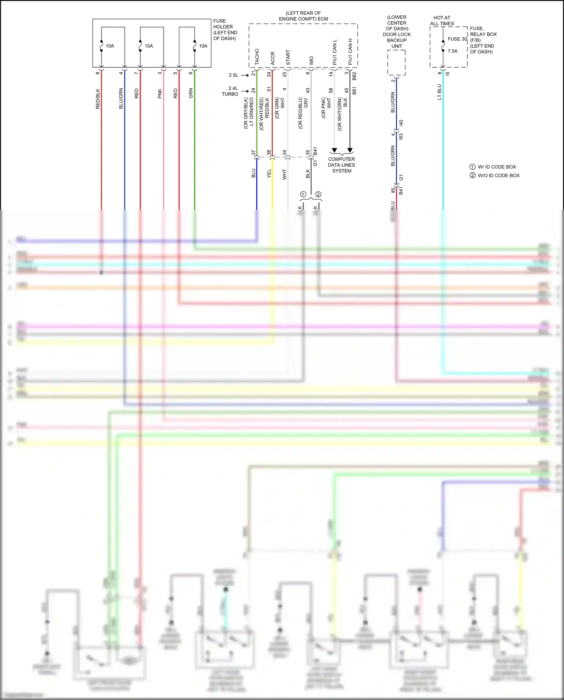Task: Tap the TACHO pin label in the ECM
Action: tap(257, 56)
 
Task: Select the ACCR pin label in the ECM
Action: tap(273, 58)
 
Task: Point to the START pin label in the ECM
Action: tap(288, 58)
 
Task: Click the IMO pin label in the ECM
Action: tap(311, 61)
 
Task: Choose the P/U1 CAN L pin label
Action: tap(335, 52)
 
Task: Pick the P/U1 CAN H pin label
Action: tap(350, 52)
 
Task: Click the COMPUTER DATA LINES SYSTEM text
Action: tap(341, 165)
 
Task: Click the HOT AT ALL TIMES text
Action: tap(442, 21)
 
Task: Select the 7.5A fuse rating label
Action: tap(452, 51)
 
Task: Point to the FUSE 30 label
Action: tap(457, 39)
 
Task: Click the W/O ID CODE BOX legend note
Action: tap(498, 175)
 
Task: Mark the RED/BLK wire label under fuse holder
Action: tap(98, 99)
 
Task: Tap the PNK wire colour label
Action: tap(160, 94)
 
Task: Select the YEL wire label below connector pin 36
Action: tap(269, 173)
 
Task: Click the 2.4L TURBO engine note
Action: tap(230, 91)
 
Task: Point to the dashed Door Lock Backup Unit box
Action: tap(396, 62)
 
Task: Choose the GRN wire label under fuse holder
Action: tap(191, 93)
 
